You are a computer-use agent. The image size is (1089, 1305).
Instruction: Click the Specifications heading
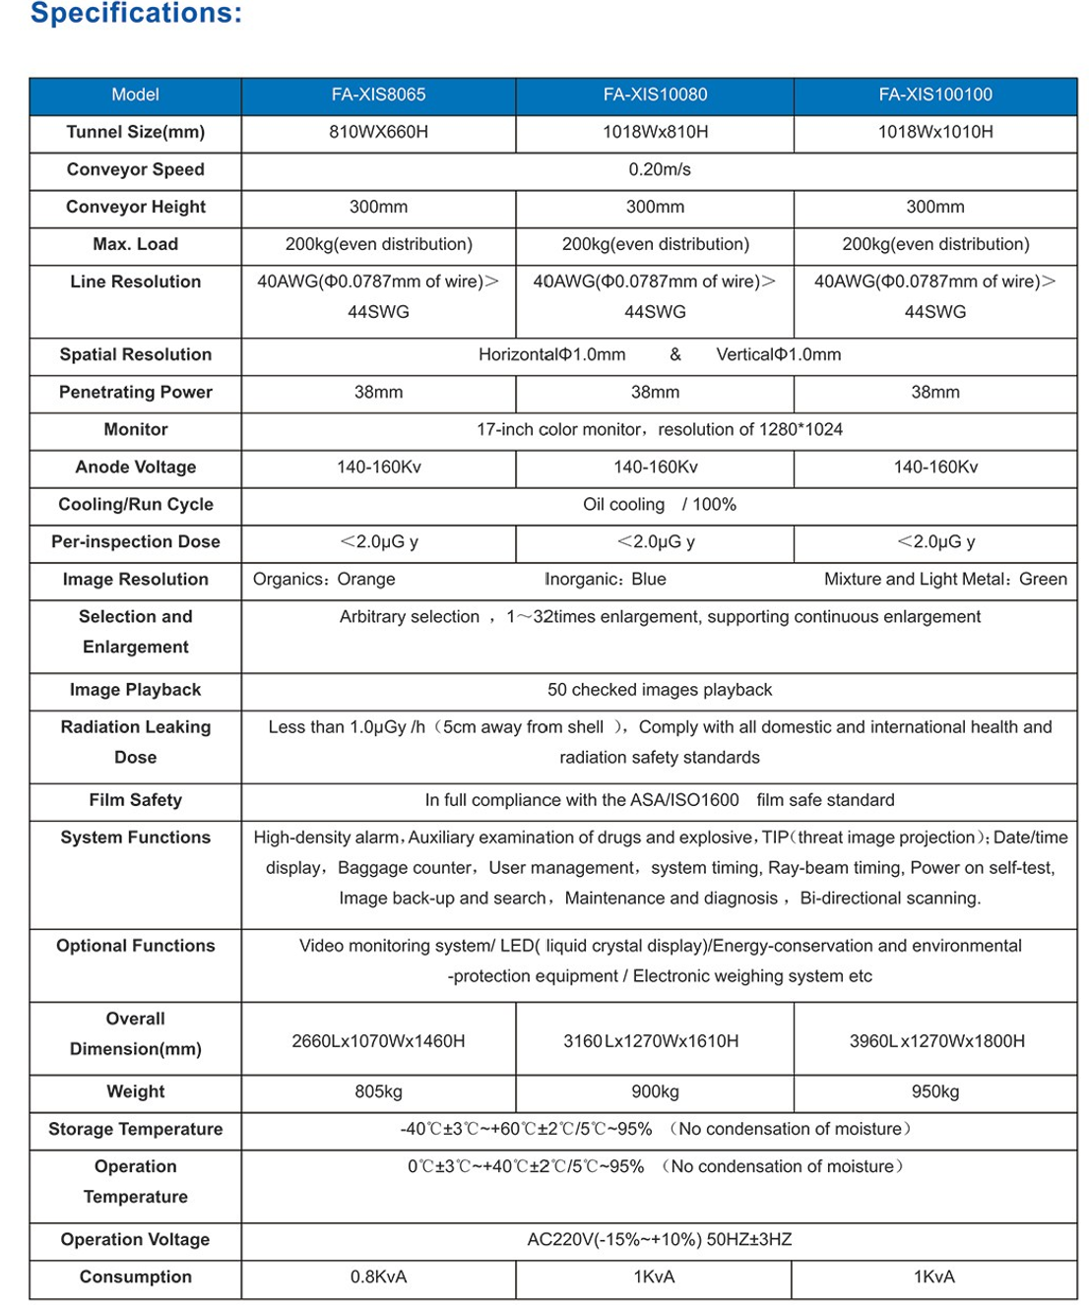pos(136,14)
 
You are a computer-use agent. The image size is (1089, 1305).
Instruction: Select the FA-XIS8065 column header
pos(378,95)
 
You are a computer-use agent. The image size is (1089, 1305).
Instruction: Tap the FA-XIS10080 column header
pos(655,95)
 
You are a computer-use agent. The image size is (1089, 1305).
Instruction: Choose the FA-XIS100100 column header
pos(935,95)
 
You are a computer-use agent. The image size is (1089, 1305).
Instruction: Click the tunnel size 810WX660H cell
pos(378,133)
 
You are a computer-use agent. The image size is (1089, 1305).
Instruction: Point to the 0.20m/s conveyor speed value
pos(660,170)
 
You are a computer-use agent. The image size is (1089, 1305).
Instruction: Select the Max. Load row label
pos(136,245)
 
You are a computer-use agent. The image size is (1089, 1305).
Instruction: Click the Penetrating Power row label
pos(136,393)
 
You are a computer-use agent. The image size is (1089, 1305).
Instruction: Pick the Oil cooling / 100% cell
pos(660,505)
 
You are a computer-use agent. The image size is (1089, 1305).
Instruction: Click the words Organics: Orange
pos(324,580)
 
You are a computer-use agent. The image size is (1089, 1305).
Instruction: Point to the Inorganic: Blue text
pos(606,580)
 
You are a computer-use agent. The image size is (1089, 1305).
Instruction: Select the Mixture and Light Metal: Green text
pos(945,580)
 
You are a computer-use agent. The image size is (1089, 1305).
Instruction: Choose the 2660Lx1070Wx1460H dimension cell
pos(378,1041)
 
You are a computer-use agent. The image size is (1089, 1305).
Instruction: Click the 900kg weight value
pos(655,1092)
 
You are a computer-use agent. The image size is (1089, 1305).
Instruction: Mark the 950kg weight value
pos(935,1092)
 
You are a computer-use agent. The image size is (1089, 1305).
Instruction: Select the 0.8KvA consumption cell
pos(378,1277)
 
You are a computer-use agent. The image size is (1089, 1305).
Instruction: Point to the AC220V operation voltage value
pos(660,1240)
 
